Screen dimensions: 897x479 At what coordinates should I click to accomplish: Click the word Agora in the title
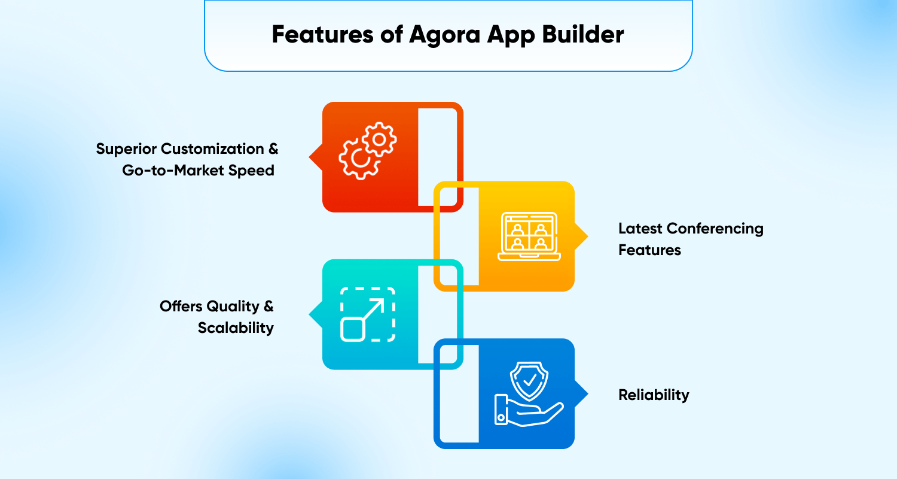click(444, 35)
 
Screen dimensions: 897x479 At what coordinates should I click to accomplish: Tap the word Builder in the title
click(583, 34)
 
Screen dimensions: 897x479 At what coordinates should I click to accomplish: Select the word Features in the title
click(322, 34)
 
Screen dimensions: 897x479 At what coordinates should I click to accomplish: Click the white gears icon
click(368, 151)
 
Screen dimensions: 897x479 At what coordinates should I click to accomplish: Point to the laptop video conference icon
click(529, 237)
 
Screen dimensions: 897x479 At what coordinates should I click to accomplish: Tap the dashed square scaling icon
click(368, 314)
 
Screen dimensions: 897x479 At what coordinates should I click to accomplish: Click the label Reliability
click(654, 395)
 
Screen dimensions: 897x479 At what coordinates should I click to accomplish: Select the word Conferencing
click(715, 229)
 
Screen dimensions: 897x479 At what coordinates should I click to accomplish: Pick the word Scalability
click(236, 328)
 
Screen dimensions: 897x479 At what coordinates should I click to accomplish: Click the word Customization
click(212, 148)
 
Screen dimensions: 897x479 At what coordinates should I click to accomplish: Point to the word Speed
click(251, 171)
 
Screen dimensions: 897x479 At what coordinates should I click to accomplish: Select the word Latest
click(640, 229)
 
